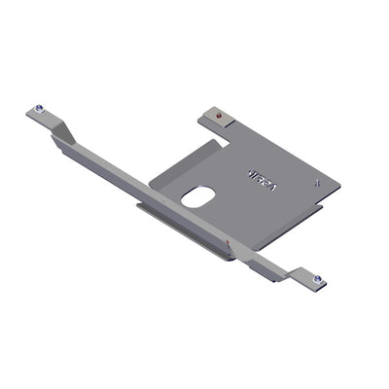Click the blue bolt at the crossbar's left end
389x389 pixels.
click(38, 108)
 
